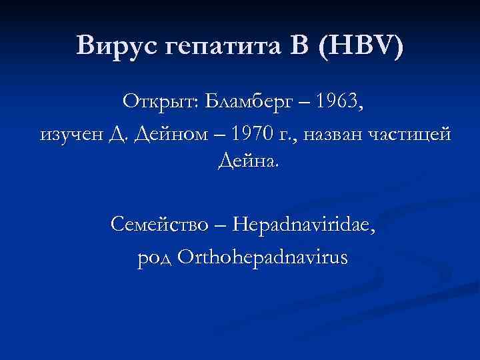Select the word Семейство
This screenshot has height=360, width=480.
tap(160, 225)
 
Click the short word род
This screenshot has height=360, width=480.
tap(154, 257)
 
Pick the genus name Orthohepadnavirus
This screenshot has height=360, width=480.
tap(262, 257)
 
